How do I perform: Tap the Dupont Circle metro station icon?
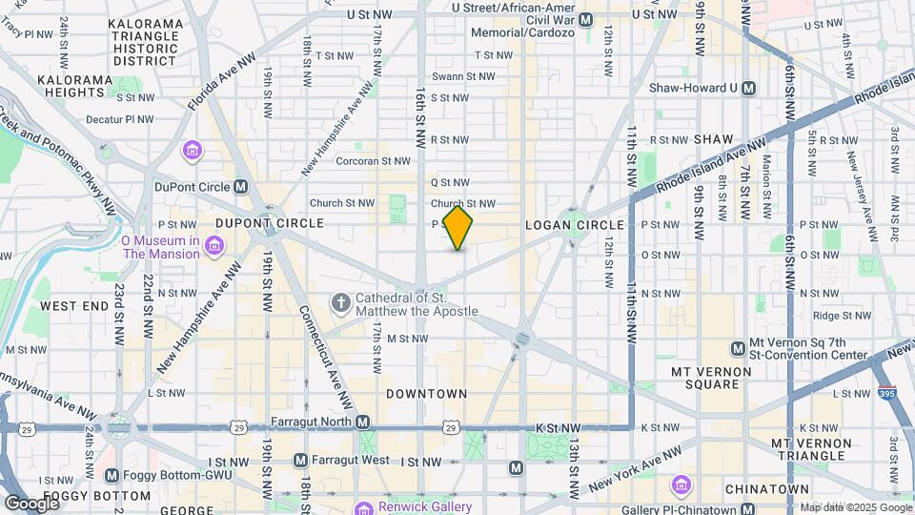click(241, 187)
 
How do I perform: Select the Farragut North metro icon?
click(362, 422)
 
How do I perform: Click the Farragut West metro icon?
click(301, 461)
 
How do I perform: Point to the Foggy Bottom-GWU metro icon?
click(112, 475)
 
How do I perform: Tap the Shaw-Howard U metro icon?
click(748, 88)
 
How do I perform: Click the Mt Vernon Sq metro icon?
click(737, 348)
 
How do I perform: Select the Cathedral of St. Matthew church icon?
click(340, 304)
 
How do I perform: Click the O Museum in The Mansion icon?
click(214, 248)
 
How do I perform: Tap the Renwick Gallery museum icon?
click(362, 506)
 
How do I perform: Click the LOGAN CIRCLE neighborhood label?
click(575, 225)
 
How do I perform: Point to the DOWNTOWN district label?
click(426, 393)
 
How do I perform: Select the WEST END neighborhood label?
click(74, 306)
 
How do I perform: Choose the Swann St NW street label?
click(463, 76)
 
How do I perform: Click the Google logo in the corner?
click(30, 503)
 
